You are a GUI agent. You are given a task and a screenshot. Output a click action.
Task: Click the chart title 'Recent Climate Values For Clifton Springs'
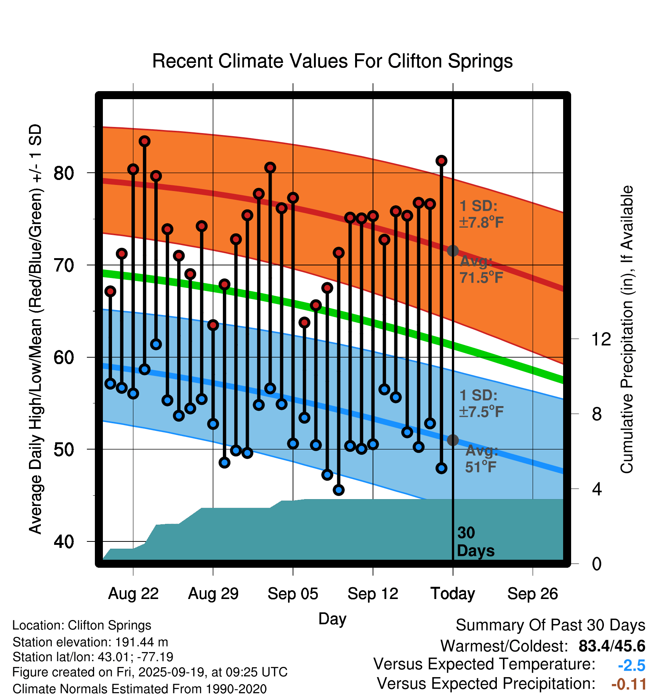pos(332,61)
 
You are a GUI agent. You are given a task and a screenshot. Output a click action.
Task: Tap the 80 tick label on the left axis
pos(64,173)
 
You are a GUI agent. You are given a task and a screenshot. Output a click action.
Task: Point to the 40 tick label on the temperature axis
pos(64,541)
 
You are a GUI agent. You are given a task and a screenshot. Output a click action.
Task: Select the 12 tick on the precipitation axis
pos(601,339)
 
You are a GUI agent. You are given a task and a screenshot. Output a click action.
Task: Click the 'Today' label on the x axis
pos(453,594)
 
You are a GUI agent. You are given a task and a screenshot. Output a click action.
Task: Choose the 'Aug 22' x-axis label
pos(133,594)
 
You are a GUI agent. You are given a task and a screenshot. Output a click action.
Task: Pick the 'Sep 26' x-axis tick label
pos(532,594)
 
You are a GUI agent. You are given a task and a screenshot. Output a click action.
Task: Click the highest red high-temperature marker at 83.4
pos(144,141)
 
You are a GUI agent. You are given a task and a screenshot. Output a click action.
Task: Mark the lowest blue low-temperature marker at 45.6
pos(339,490)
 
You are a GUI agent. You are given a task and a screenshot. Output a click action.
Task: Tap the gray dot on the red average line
pos(453,251)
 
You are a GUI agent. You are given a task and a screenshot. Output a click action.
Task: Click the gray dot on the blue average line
pos(453,440)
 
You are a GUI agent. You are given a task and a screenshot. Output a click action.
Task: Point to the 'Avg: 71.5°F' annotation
pos(481,270)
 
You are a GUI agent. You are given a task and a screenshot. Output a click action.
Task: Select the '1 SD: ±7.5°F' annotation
pos(482,403)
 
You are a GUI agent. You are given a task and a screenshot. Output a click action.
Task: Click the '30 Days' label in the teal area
pos(475,542)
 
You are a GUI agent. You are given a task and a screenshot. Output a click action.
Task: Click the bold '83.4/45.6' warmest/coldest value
pos(612,646)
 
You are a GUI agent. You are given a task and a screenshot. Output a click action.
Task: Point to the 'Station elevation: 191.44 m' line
pos(90,642)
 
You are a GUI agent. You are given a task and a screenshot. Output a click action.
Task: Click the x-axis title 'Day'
pos(332,619)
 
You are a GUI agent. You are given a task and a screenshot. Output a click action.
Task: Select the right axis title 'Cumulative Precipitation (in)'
pos(627,329)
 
